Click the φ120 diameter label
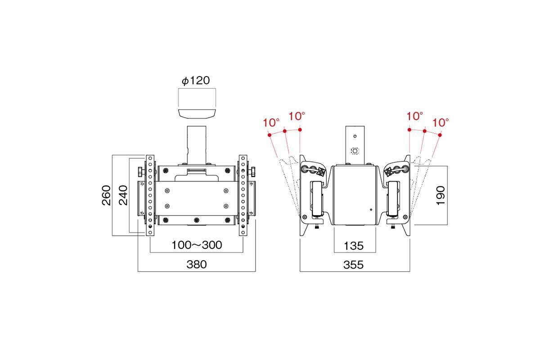click(195, 81)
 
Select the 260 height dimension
click(106, 195)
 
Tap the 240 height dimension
click(123, 195)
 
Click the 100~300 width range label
click(197, 245)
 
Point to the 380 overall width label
click(197, 265)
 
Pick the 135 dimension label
click(353, 246)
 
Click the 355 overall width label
click(353, 265)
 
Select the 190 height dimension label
click(441, 196)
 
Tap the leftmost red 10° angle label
click(271, 123)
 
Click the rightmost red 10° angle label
click(441, 123)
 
